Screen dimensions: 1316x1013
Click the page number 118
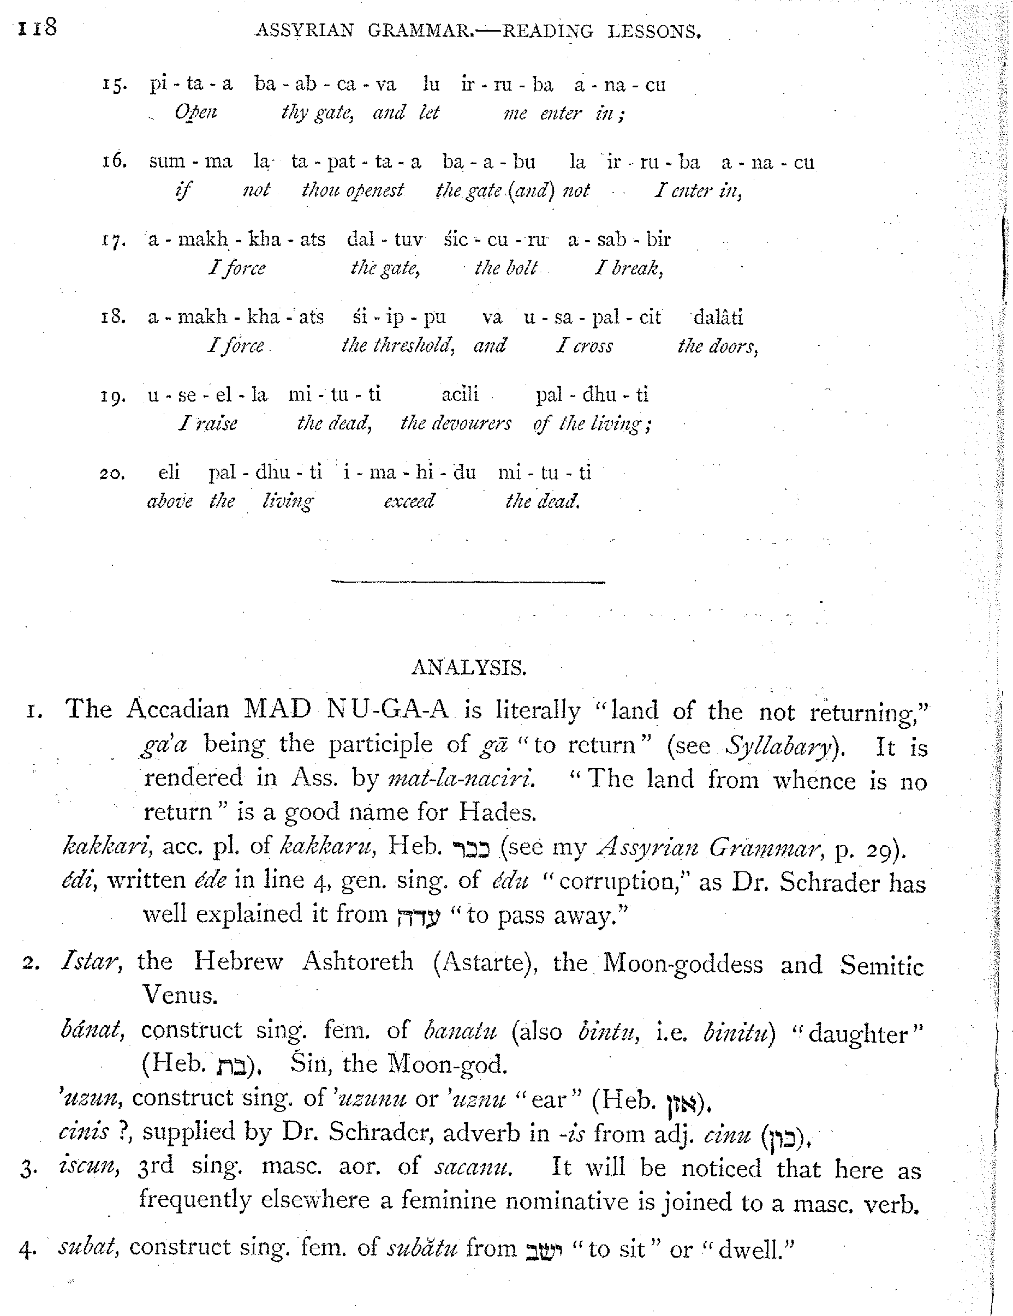37,28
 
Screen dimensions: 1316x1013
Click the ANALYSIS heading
468,668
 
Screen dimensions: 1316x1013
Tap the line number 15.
114,85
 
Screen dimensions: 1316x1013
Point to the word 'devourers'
456,423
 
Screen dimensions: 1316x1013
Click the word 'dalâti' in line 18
718,317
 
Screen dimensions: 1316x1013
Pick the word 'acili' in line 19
460,394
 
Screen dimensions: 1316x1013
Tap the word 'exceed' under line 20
409,501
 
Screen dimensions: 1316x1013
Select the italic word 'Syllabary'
780,746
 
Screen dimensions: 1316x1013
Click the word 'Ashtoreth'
357,962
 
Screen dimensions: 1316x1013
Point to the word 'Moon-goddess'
682,963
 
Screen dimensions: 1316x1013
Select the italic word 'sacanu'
473,1166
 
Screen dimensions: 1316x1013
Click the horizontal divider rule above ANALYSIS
468,582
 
